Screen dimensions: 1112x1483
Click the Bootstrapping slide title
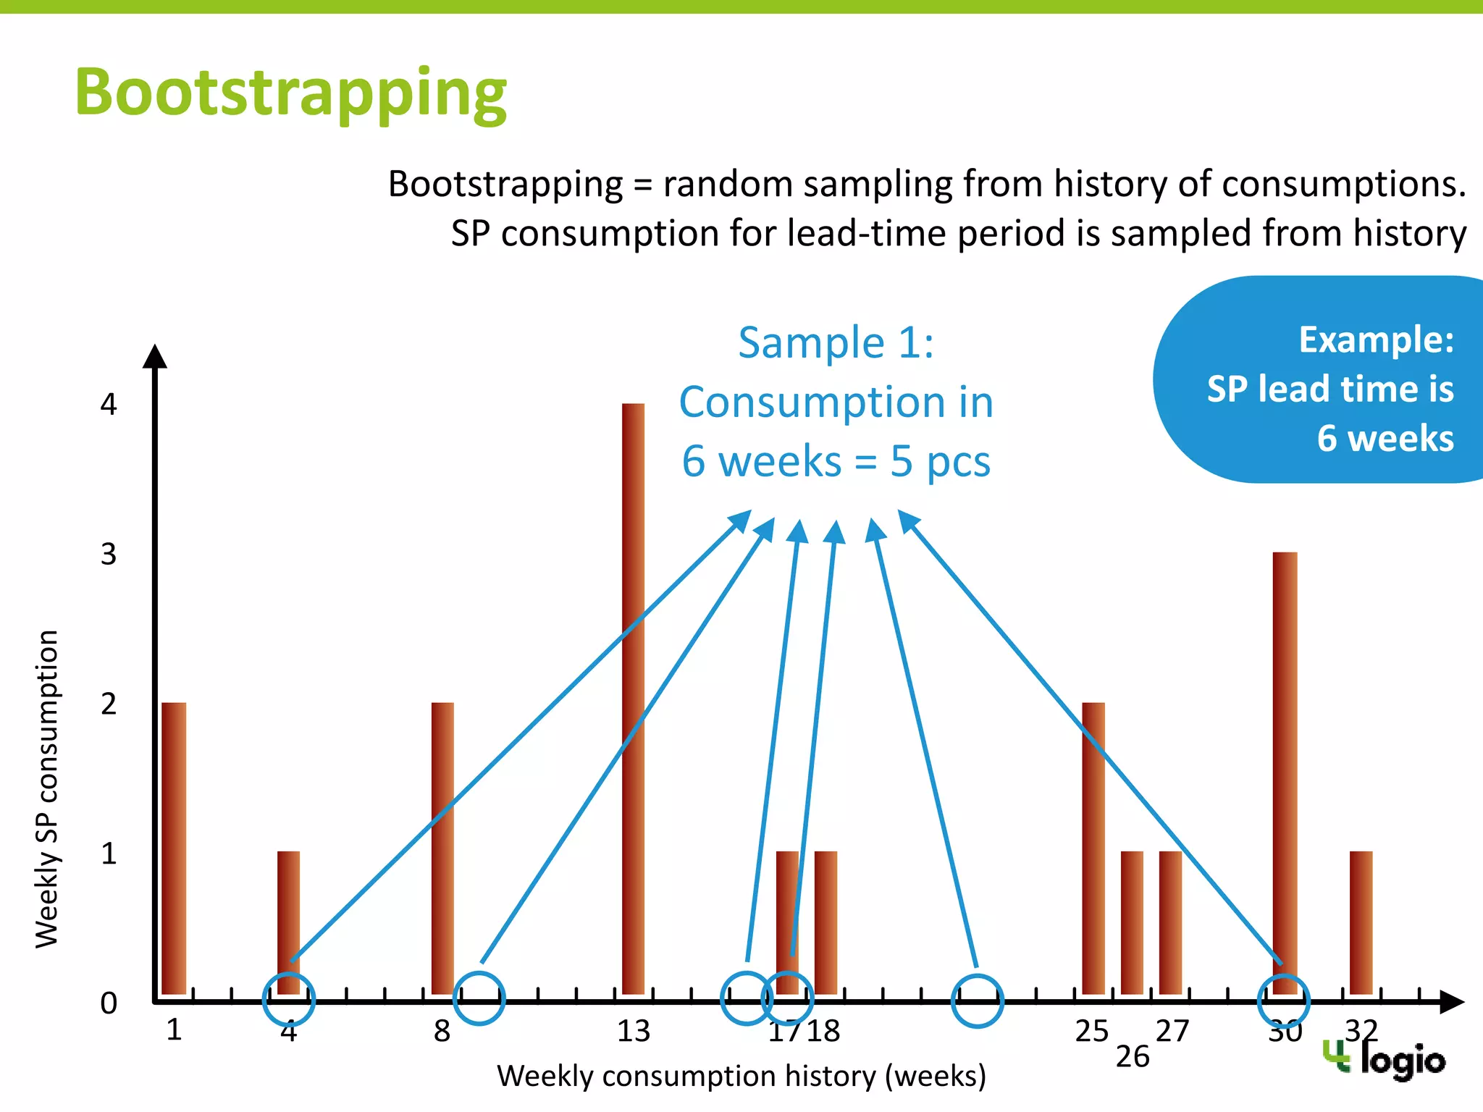point(290,93)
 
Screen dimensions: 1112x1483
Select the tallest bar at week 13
point(633,699)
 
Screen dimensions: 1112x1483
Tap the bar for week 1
point(174,848)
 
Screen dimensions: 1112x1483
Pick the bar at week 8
point(442,848)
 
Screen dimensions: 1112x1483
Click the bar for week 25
point(1093,848)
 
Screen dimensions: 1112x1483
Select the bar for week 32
point(1361,922)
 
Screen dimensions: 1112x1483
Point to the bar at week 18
point(825,922)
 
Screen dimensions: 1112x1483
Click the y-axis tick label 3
point(109,555)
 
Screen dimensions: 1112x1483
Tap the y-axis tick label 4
point(109,404)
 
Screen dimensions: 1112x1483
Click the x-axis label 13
point(634,1031)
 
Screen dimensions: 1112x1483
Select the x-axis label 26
point(1133,1057)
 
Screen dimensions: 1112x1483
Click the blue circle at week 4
point(288,999)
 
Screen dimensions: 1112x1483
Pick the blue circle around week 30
point(1284,1001)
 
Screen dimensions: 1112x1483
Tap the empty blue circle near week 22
point(977,1001)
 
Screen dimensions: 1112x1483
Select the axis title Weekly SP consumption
point(47,789)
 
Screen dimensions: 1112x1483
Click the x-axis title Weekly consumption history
point(741,1076)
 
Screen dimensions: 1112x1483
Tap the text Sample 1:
point(836,342)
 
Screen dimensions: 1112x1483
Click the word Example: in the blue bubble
point(1376,340)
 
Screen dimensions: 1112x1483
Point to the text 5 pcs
point(940,461)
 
